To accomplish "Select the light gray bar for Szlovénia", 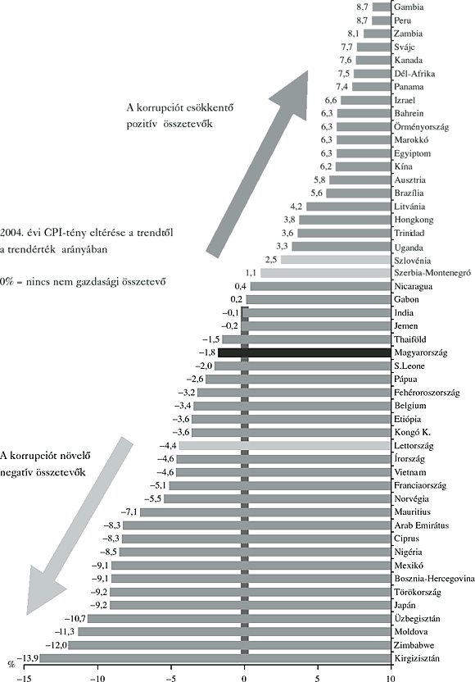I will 335,259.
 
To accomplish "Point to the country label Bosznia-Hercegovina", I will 432,578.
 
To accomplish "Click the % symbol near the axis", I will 11,663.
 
